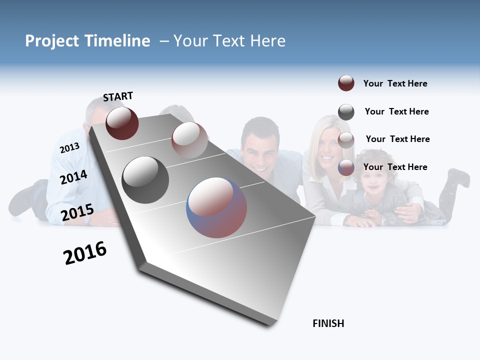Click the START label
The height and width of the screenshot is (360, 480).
click(x=118, y=96)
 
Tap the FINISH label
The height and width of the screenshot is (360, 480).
click(x=328, y=323)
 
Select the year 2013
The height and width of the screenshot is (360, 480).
click(x=69, y=148)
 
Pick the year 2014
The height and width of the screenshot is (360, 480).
click(x=73, y=177)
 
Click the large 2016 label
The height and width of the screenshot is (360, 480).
click(x=85, y=253)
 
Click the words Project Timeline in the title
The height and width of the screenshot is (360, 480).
click(x=87, y=41)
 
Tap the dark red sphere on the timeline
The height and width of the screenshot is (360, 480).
click(x=122, y=123)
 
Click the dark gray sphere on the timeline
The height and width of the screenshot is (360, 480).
click(x=145, y=180)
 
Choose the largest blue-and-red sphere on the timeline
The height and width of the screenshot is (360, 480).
click(x=216, y=207)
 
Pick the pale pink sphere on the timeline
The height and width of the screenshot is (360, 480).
click(x=189, y=140)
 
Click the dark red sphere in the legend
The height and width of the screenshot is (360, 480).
click(x=346, y=83)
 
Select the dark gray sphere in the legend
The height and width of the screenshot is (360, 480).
click(x=346, y=112)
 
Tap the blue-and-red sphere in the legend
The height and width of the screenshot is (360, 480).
click(x=346, y=167)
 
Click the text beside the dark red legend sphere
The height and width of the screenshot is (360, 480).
click(x=395, y=83)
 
